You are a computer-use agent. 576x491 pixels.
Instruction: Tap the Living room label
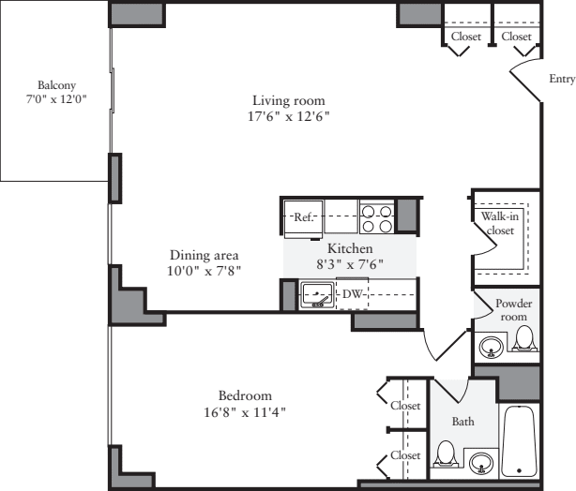point(288,100)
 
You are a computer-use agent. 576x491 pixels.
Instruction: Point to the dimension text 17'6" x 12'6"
point(289,117)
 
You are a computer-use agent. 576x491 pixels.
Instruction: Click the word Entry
point(561,80)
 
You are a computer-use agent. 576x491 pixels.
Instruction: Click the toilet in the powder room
point(524,341)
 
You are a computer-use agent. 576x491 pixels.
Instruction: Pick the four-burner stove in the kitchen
point(377,218)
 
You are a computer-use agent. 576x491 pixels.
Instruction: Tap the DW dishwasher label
point(352,295)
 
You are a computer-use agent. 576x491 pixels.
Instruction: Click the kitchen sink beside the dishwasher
point(317,297)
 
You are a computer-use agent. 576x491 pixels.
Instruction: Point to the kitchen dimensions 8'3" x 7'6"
point(350,265)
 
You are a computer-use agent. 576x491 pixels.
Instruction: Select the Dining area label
point(204,255)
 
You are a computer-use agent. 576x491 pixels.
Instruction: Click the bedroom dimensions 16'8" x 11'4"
point(245,411)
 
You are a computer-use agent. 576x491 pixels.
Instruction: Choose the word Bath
point(463,422)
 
